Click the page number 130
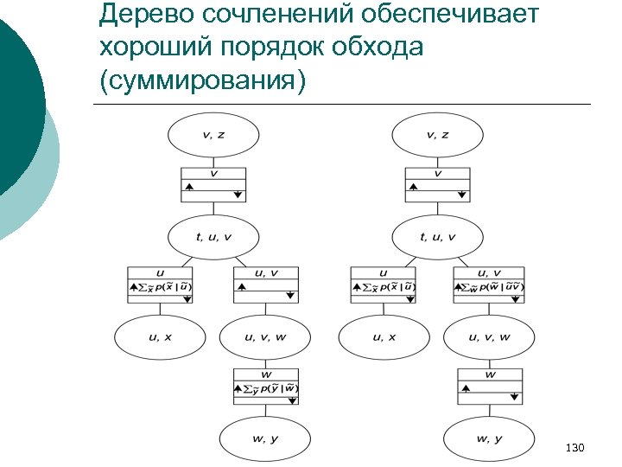pyautogui.click(x=574, y=447)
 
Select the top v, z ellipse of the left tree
pyautogui.click(x=213, y=135)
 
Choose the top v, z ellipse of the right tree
pyautogui.click(x=438, y=135)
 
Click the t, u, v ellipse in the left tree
pyautogui.click(x=213, y=237)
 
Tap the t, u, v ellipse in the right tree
pyautogui.click(x=438, y=237)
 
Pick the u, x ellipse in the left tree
pyautogui.click(x=161, y=338)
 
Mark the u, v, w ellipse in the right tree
pyautogui.click(x=489, y=338)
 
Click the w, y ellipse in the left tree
pyautogui.click(x=265, y=439)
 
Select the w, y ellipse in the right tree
pyautogui.click(x=489, y=439)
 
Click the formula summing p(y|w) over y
pyautogui.click(x=269, y=388)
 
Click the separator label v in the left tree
pyautogui.click(x=213, y=173)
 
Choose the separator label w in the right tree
pyautogui.click(x=490, y=375)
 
